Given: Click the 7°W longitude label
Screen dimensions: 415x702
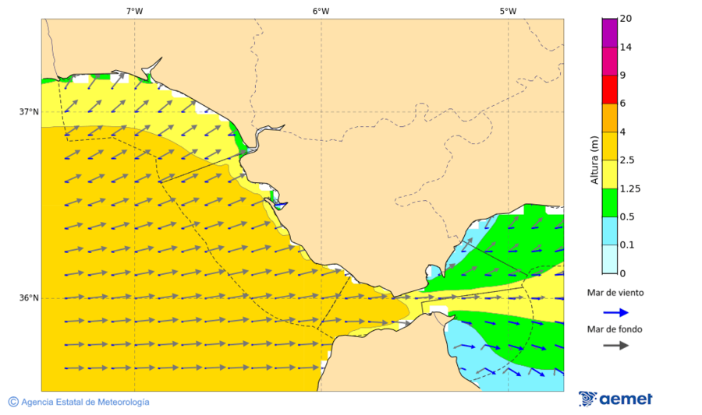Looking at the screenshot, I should point(134,11).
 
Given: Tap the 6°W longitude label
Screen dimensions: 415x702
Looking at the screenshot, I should point(321,11).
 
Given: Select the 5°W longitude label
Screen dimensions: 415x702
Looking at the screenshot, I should point(508,11).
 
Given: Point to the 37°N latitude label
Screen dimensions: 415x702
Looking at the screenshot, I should point(29,111).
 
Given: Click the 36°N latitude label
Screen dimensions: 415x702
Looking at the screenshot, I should point(29,298).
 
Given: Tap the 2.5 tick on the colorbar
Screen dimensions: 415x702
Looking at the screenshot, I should point(626,160).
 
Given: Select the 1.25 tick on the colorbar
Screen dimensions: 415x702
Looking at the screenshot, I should point(629,188).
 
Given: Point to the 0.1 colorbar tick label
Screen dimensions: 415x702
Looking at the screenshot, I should point(626,245).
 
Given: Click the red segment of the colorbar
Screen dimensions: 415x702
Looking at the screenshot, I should point(609,89).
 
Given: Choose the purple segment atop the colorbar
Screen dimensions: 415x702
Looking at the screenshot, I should point(609,33).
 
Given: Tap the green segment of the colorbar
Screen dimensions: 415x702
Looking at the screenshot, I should point(609,202).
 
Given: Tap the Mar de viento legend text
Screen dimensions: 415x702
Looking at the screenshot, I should point(616,293).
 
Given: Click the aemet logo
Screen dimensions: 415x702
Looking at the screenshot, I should point(616,399).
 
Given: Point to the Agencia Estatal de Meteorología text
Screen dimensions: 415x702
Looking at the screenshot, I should point(85,402).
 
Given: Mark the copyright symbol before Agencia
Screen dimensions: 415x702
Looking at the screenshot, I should point(13,402).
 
